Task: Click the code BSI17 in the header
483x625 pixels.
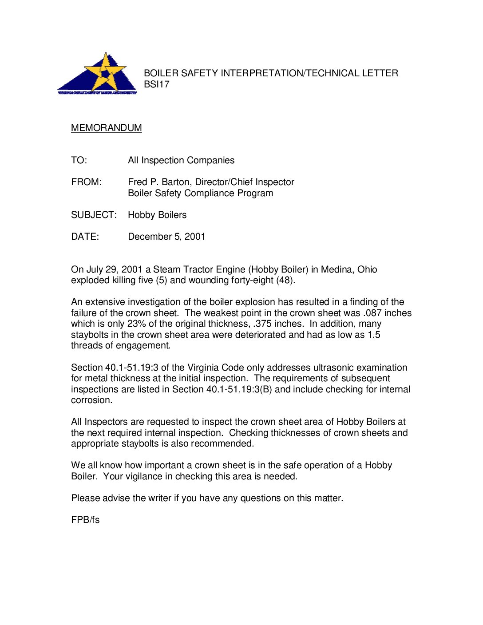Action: pyautogui.click(x=157, y=84)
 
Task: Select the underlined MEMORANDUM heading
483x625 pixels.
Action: pyautogui.click(x=107, y=128)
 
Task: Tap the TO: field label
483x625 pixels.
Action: pyautogui.click(x=79, y=160)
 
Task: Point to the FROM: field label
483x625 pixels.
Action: pyautogui.click(x=86, y=182)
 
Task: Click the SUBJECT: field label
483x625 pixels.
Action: pyautogui.click(x=94, y=215)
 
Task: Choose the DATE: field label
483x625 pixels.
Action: pyautogui.click(x=85, y=237)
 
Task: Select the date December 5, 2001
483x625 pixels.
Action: pyautogui.click(x=166, y=237)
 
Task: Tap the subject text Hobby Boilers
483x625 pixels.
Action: pyautogui.click(x=157, y=215)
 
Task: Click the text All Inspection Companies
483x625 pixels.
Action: pyautogui.click(x=181, y=160)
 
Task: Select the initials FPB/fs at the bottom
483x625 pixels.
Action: pyautogui.click(x=85, y=520)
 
